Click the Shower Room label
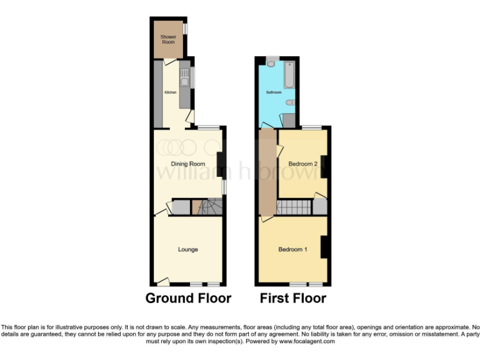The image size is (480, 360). coord(169,39)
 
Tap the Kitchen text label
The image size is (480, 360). coord(170,92)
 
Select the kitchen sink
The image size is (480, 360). coord(184,78)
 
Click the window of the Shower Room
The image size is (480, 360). coord(184,29)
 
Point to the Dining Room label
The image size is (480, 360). coord(189,164)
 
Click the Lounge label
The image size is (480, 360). coord(187,249)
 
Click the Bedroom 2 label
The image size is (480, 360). coord(303,164)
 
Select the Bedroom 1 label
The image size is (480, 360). coord(292,249)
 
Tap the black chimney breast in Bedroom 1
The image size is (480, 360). coord(325,247)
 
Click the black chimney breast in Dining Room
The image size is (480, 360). coord(221,162)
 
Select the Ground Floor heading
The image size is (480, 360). coord(188,298)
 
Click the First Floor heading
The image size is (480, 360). coord(293,298)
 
